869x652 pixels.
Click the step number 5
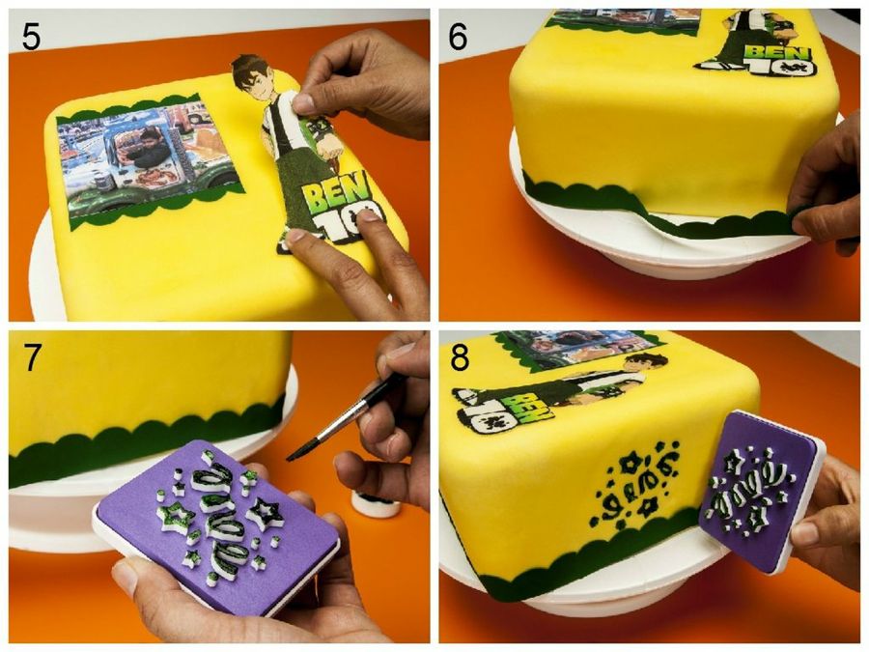point(31,37)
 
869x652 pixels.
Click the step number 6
point(459,37)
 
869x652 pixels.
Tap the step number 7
point(32,358)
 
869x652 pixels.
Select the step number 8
point(460,358)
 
